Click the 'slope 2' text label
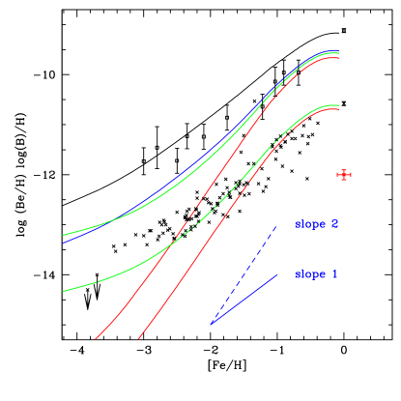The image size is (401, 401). (x=316, y=224)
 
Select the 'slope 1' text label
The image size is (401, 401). (x=316, y=274)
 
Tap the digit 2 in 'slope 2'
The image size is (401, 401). (x=334, y=224)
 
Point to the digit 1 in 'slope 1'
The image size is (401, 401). (x=334, y=274)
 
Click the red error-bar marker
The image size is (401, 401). (x=344, y=175)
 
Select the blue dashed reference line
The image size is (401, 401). (x=244, y=274)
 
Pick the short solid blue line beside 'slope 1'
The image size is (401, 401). (x=244, y=300)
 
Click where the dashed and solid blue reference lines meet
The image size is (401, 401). (x=211, y=325)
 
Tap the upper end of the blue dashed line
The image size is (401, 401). (x=277, y=225)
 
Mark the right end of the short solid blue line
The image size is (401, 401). (x=278, y=274)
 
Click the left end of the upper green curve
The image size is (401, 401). (x=63, y=235)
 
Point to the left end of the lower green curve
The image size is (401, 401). (x=63, y=291)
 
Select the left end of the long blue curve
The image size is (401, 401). (x=63, y=242)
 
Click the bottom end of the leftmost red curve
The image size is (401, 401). (x=96, y=339)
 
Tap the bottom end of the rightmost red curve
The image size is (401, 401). (x=138, y=339)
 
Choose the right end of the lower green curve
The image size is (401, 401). (x=338, y=104)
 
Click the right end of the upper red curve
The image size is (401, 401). (x=338, y=57)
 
